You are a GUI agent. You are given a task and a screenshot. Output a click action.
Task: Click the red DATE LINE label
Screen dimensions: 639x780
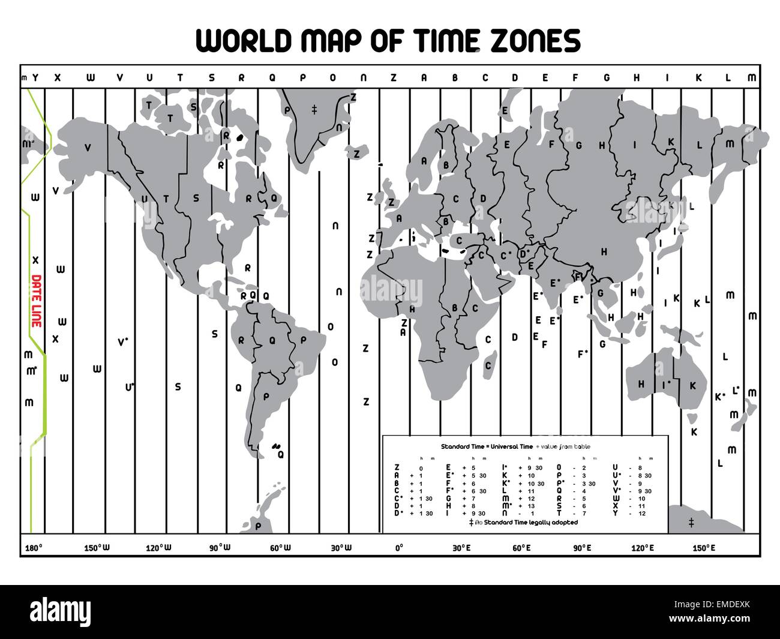(x=36, y=300)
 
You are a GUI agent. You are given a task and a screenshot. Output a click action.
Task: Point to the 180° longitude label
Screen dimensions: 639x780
(x=33, y=547)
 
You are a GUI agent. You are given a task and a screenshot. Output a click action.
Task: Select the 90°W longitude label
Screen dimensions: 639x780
(x=220, y=547)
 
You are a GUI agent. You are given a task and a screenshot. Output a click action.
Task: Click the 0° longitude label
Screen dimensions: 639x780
(x=399, y=547)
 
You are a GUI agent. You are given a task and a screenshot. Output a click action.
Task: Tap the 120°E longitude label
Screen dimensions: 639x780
(x=643, y=547)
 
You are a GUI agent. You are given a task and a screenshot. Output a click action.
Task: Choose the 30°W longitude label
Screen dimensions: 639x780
(x=341, y=547)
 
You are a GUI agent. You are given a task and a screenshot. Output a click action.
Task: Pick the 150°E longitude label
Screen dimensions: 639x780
(x=704, y=547)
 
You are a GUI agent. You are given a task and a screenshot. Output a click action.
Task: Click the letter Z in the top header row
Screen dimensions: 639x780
(x=394, y=77)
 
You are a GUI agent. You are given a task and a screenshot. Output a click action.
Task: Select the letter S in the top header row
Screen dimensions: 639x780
(x=211, y=77)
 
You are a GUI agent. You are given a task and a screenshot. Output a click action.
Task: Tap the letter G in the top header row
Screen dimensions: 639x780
(x=607, y=77)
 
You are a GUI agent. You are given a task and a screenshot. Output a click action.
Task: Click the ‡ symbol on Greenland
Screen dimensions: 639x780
(x=314, y=109)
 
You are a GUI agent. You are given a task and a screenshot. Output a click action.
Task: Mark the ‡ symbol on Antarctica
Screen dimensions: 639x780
(x=691, y=523)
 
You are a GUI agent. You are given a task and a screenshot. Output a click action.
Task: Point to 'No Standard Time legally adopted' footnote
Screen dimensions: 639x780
(x=526, y=523)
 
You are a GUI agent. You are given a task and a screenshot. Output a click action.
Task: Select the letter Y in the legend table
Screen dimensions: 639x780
(x=615, y=514)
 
